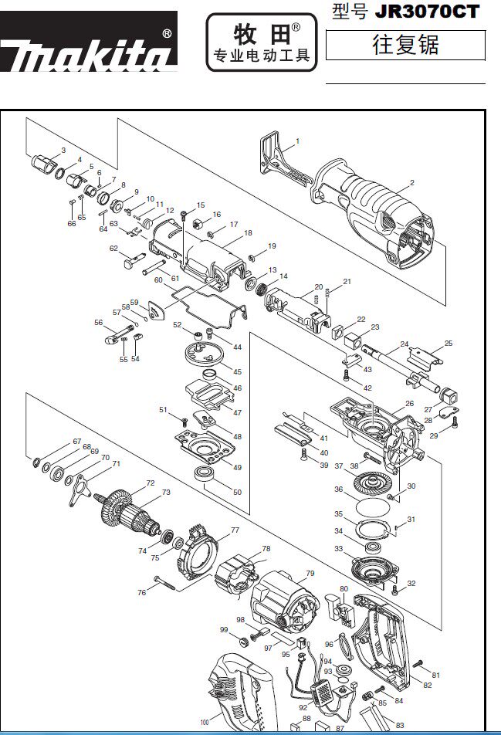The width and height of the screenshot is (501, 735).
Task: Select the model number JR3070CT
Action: (427, 12)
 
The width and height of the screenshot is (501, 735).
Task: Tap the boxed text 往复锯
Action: (405, 45)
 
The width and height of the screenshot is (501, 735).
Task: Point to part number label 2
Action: (412, 183)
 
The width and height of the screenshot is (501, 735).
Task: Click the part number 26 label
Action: (409, 403)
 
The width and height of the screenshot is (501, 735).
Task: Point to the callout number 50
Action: (237, 492)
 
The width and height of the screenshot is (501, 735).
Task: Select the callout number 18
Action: (248, 232)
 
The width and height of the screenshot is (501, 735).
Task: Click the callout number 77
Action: (235, 530)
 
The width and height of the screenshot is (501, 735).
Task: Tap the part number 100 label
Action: (205, 723)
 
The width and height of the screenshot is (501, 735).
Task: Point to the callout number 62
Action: (113, 249)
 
